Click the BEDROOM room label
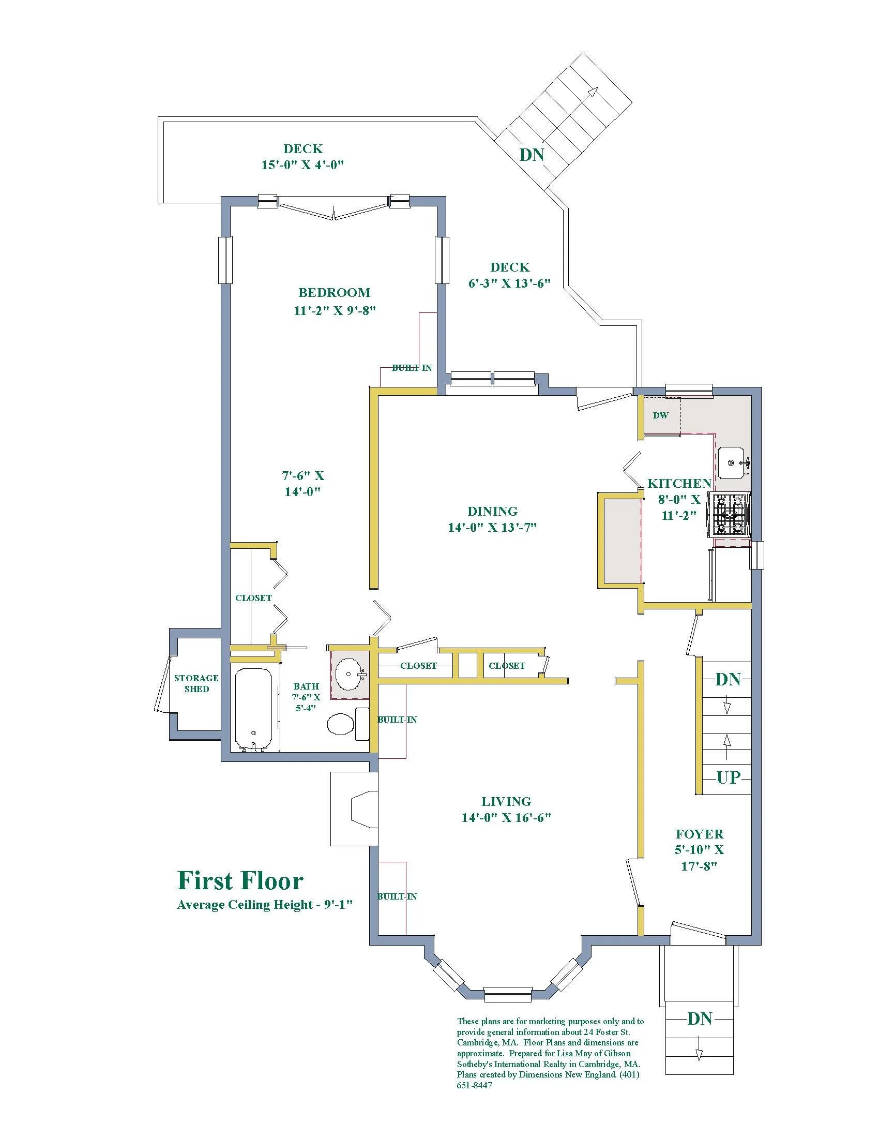pos(335,292)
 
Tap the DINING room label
pos(492,511)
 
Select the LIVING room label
pos(506,801)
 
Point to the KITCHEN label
pos(679,483)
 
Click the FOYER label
pos(700,834)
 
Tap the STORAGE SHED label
pos(196,683)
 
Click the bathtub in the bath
pos(253,710)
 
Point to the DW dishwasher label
pos(661,415)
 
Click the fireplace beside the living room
pos(354,816)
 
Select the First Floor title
pos(240,880)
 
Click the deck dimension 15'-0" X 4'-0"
pos(302,164)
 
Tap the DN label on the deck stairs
pos(532,155)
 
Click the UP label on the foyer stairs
pos(728,777)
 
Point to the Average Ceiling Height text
pos(266,905)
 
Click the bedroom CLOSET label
pos(253,597)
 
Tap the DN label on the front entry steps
pos(700,1018)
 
